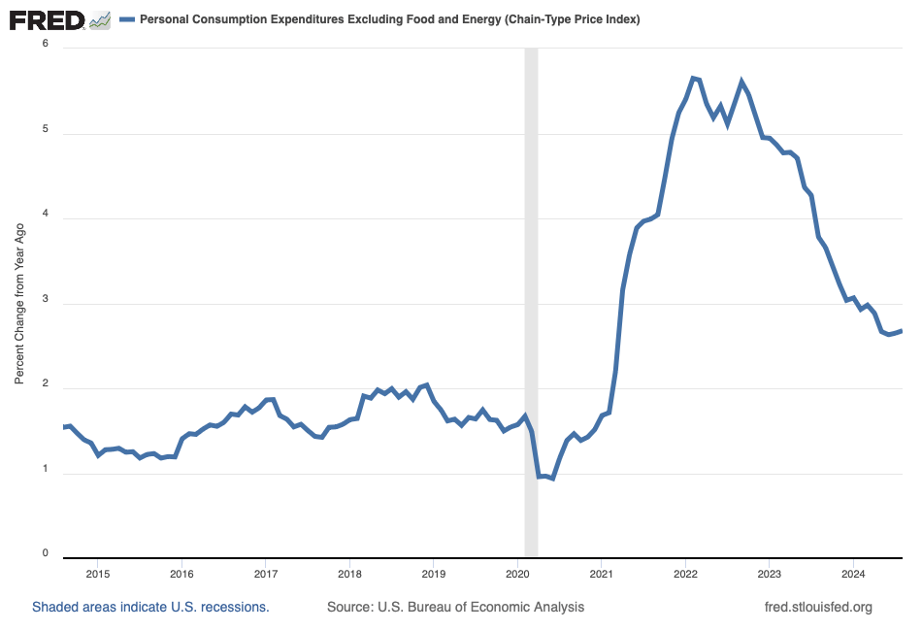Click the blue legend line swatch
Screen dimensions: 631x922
pos(126,19)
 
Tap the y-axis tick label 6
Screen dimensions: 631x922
pos(45,45)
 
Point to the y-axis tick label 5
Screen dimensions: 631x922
pos(45,130)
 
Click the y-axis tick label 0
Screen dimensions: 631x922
pos(45,554)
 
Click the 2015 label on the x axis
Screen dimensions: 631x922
pos(98,574)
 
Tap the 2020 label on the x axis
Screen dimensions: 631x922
pos(517,574)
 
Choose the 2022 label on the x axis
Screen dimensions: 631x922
pos(685,574)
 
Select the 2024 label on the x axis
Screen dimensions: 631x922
pos(853,574)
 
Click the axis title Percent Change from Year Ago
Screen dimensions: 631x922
pos(19,303)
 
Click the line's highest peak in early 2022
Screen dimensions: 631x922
pos(693,78)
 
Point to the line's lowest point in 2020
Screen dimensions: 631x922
pos(552,479)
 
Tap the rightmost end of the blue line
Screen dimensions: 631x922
pos(902,331)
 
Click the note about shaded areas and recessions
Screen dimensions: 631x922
pos(150,607)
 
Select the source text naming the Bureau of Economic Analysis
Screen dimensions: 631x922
pos(455,607)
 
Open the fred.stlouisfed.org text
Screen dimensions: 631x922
pos(819,607)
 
